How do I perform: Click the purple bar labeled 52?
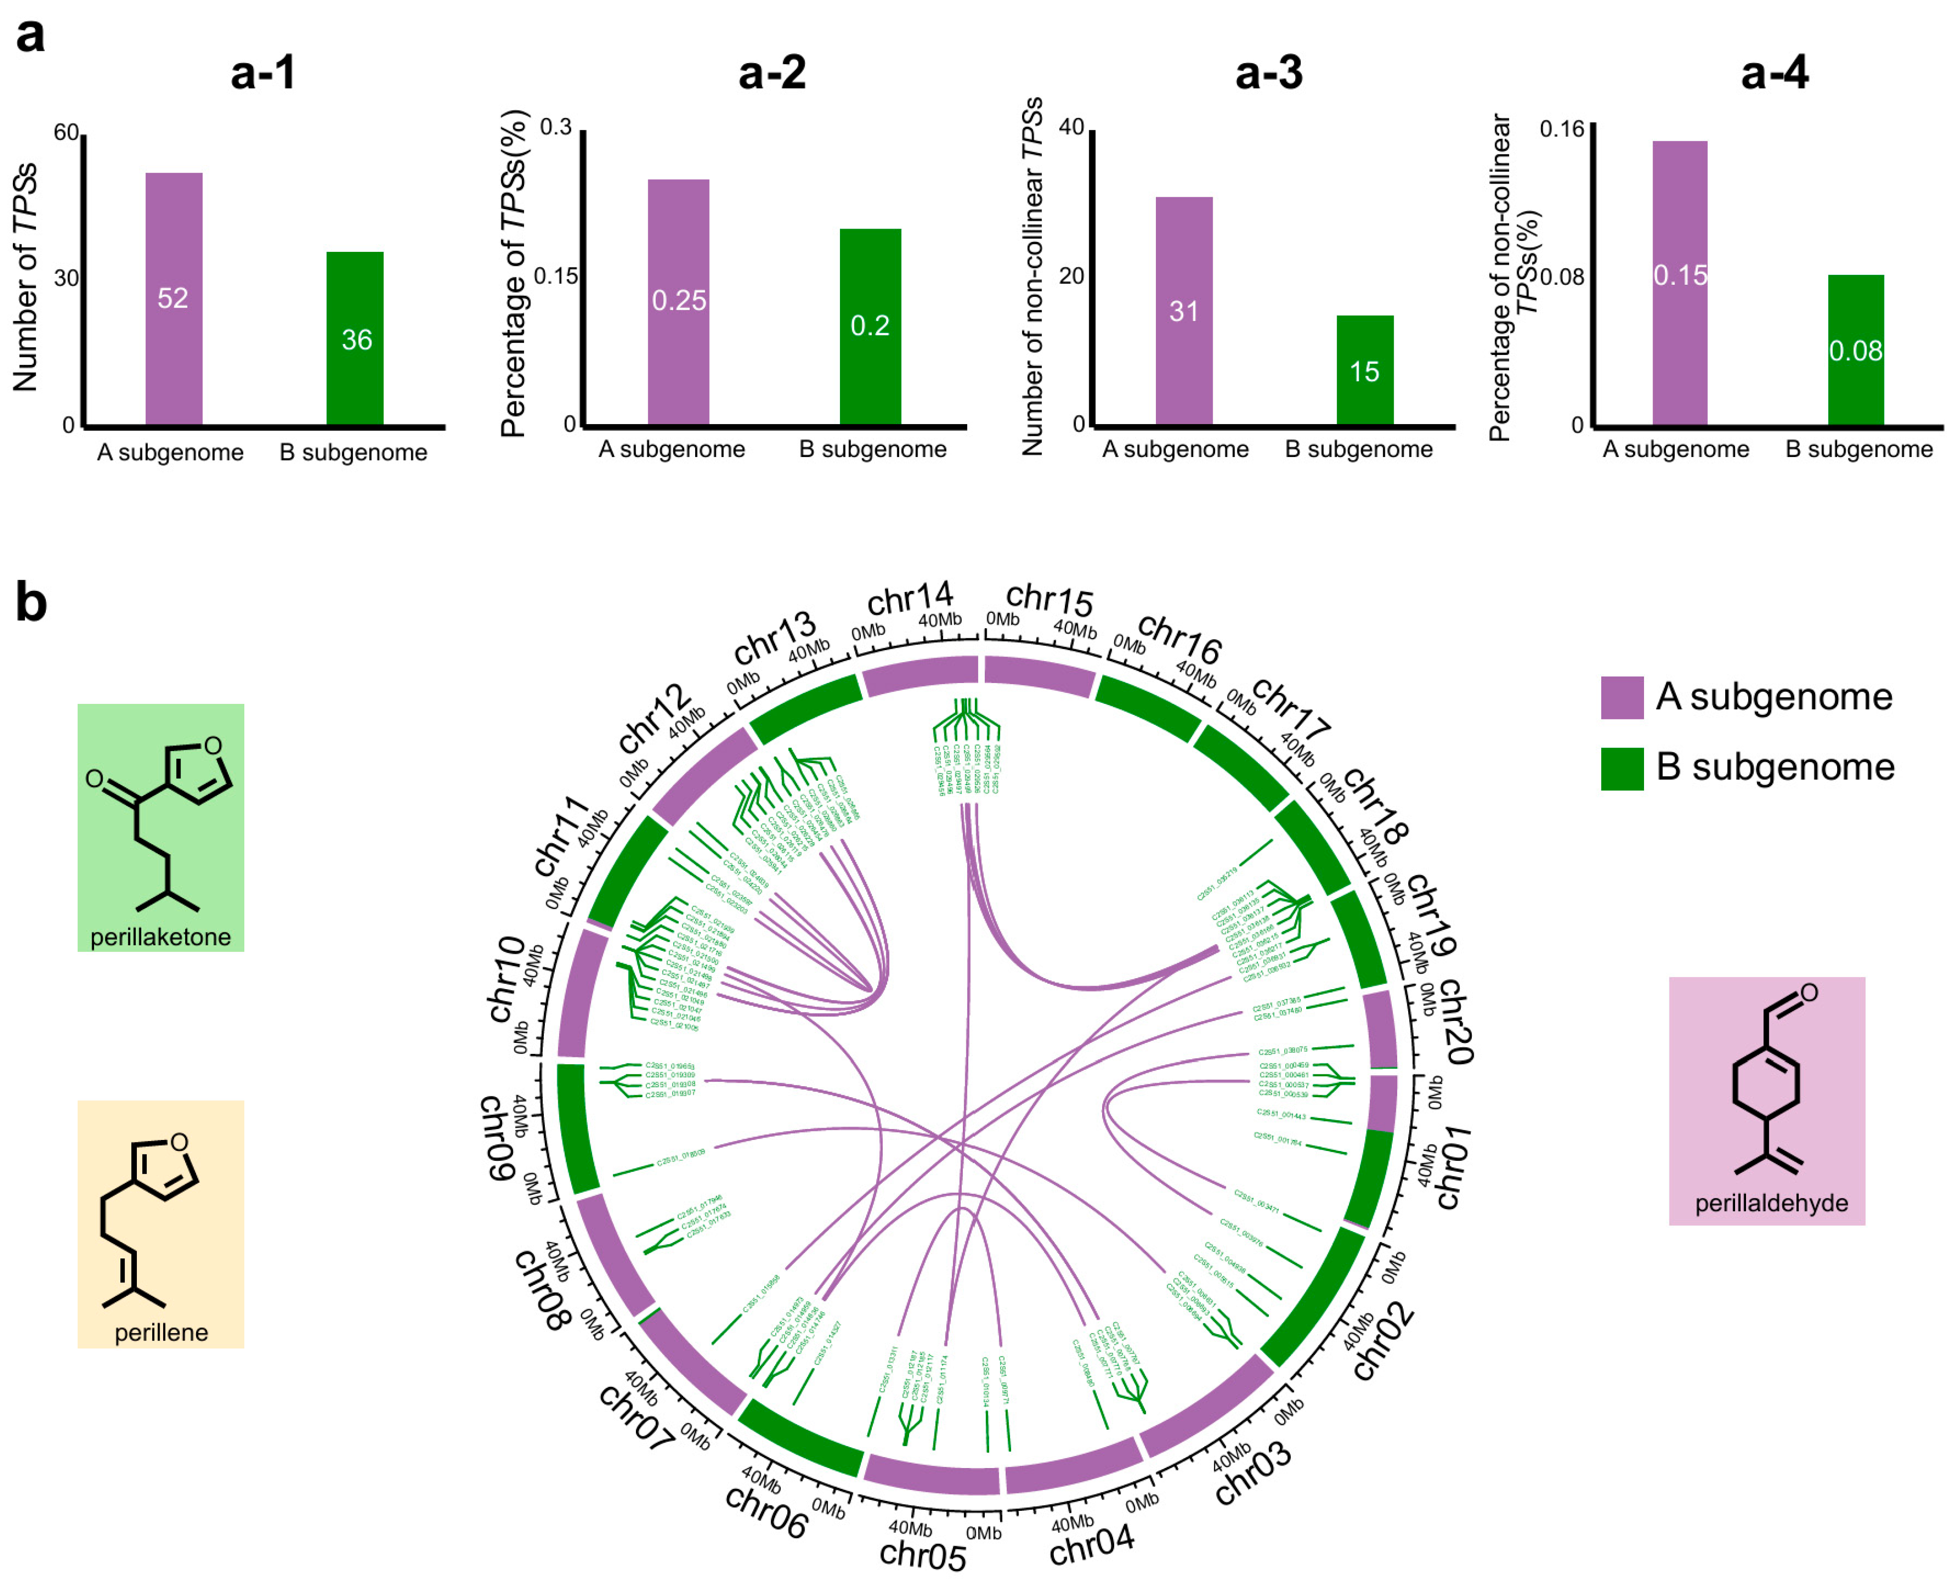tap(174, 298)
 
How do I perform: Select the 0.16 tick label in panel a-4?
tap(1561, 129)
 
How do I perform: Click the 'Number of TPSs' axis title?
tap(25, 277)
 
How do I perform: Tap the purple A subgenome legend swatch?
tap(1621, 697)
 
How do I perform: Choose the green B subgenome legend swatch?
tap(1621, 768)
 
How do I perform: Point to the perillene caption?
tap(161, 1333)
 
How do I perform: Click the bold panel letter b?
tap(31, 604)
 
